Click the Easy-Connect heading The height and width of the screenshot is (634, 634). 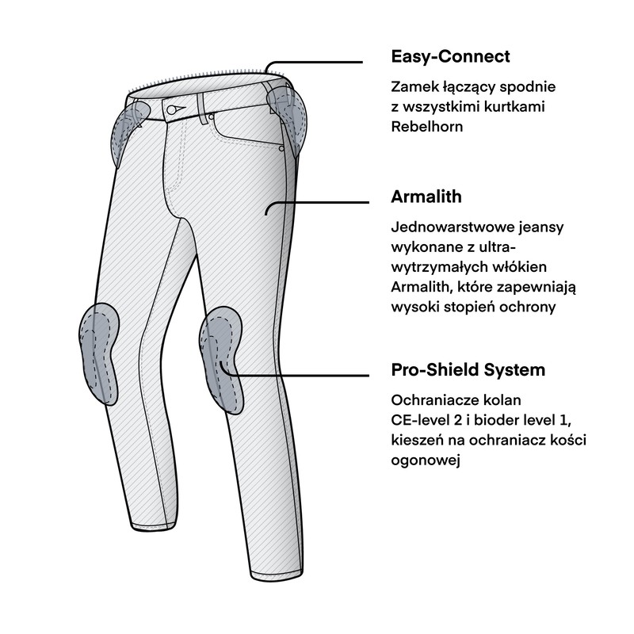pos(450,56)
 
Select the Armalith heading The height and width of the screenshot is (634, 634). pos(426,197)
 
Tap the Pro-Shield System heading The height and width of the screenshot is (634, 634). pos(468,370)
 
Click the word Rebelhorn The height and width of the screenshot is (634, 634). pos(427,126)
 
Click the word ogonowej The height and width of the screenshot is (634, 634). pos(426,460)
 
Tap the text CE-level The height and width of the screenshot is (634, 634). pos(421,420)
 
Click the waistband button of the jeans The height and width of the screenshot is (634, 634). pos(172,109)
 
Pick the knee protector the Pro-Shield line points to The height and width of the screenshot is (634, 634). pos(221,359)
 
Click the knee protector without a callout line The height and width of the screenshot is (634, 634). pos(100,353)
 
